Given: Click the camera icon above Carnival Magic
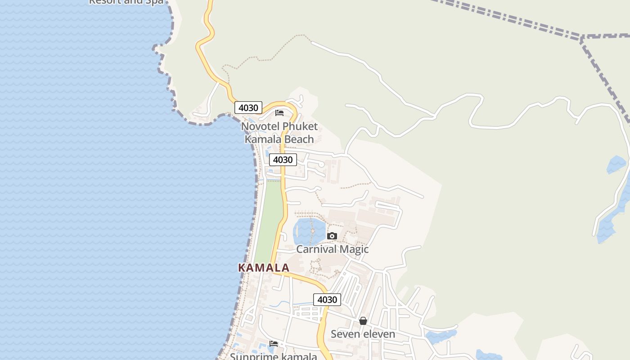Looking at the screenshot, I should click(332, 236).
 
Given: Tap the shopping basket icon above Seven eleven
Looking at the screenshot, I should click(363, 321).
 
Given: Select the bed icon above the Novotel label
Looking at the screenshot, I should click(279, 112).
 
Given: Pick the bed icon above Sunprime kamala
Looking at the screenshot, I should click(274, 344).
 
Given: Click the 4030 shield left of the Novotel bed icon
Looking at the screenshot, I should click(248, 108).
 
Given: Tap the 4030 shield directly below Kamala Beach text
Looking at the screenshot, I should click(283, 160).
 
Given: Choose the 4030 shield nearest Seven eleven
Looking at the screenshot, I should click(327, 300).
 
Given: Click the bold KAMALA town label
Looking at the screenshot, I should click(263, 268).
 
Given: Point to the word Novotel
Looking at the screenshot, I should click(260, 126).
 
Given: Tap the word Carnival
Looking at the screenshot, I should click(316, 249).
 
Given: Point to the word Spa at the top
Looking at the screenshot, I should click(154, 2).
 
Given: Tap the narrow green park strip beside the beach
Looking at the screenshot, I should click(268, 216).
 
